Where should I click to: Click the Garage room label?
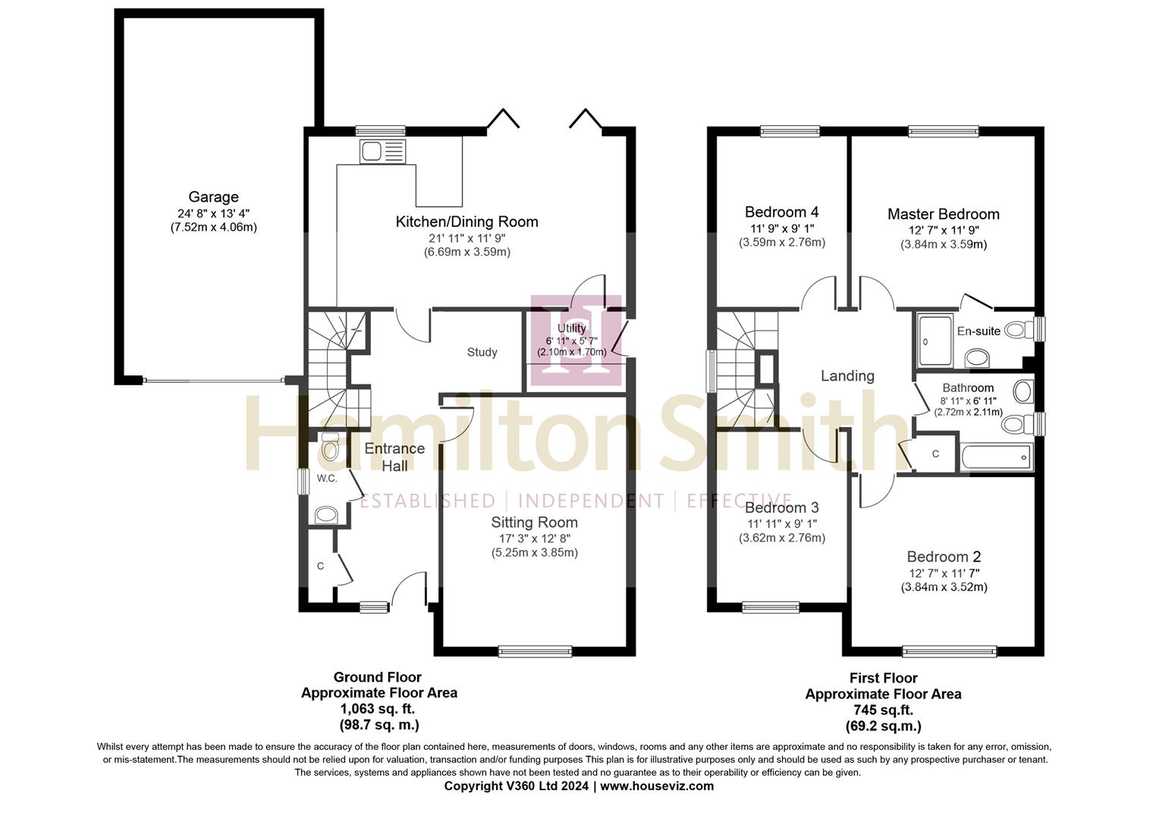click(213, 197)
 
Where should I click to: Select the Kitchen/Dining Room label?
click(466, 221)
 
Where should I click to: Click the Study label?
click(482, 352)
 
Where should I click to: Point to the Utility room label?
click(571, 328)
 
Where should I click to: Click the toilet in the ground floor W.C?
click(330, 448)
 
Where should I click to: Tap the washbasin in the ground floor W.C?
click(326, 515)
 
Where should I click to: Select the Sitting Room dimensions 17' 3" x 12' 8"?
click(534, 538)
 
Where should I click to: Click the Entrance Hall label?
click(394, 457)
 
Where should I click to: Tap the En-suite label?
click(978, 331)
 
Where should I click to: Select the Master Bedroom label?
click(943, 214)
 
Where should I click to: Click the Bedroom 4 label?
click(781, 212)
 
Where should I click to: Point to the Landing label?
click(847, 375)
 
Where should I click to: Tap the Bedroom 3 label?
click(781, 507)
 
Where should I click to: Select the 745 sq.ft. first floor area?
click(883, 710)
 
